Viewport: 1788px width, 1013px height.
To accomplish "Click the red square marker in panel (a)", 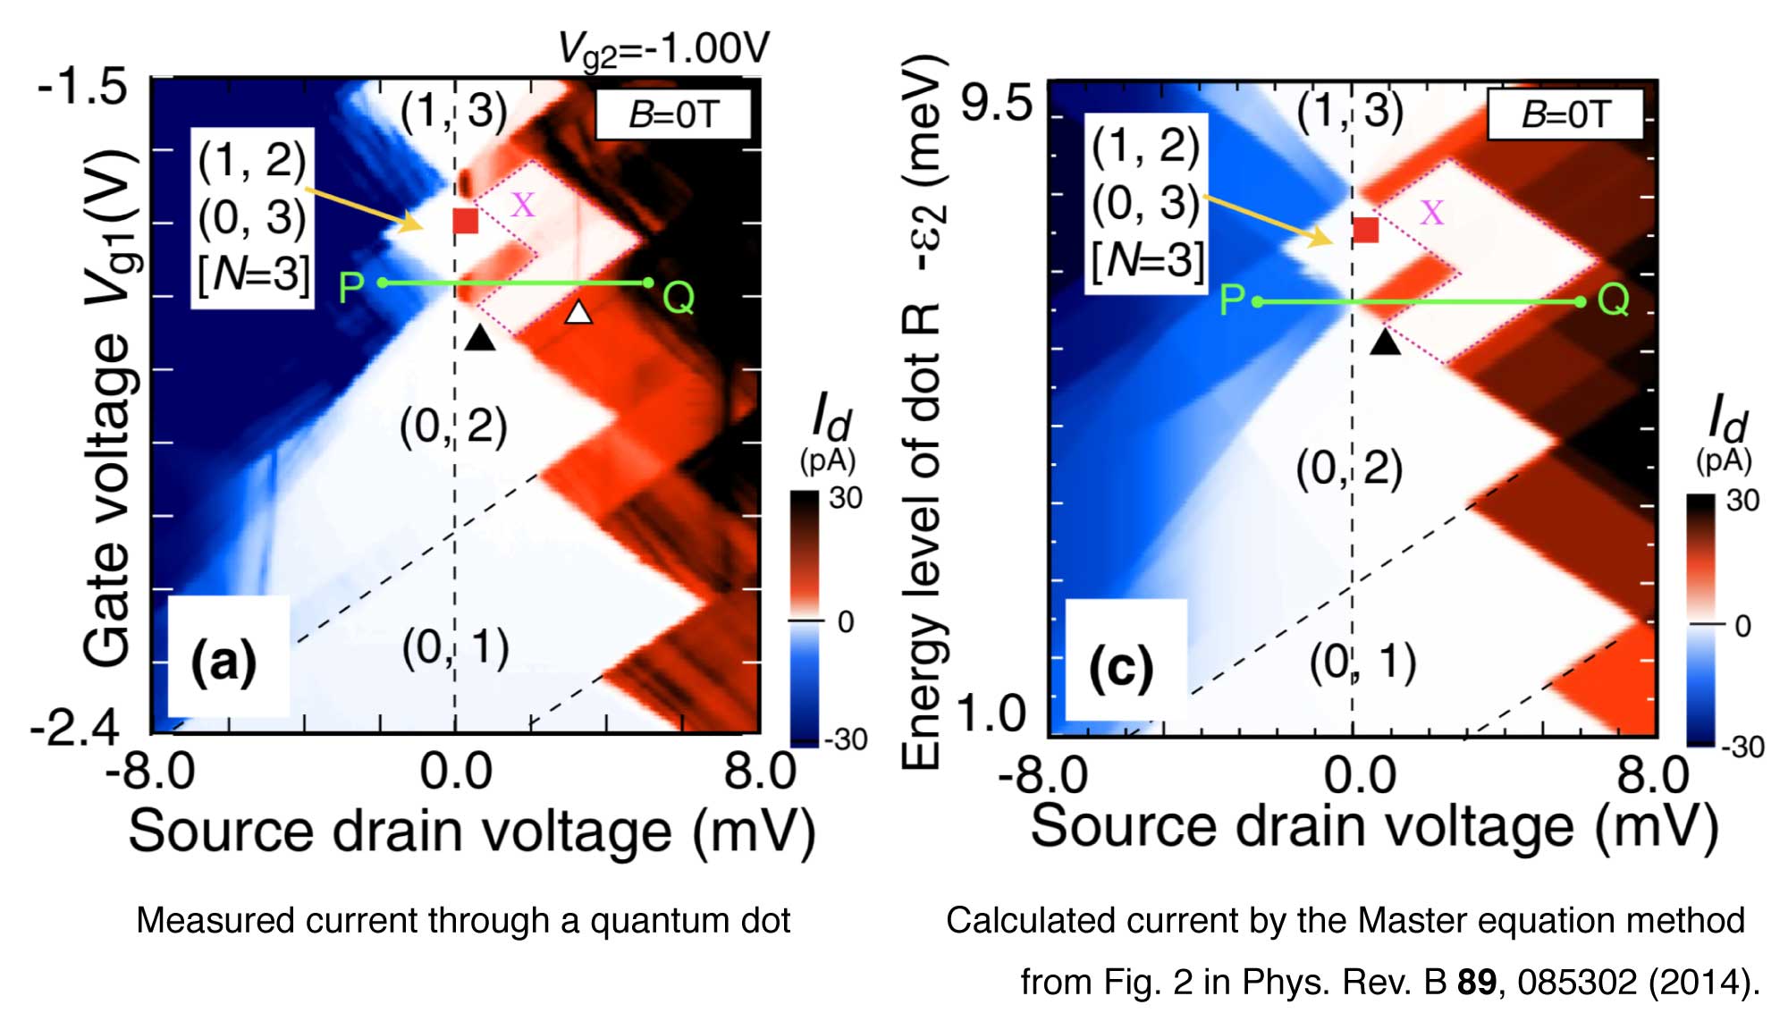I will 466,221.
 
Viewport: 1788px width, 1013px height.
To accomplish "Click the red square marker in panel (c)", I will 1366,230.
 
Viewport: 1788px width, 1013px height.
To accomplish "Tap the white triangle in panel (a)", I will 579,312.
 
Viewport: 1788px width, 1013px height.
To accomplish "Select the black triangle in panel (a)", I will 480,338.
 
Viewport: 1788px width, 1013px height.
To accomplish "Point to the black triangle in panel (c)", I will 1385,342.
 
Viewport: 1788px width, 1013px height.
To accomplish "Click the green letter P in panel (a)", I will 350,288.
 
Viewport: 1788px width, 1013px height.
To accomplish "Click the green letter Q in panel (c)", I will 1614,301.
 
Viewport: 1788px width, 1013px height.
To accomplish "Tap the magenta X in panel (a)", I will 523,206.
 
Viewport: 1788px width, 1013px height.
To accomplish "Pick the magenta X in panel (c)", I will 1431,213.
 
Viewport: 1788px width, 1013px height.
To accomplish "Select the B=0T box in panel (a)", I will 673,114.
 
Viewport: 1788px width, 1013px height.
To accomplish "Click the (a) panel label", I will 223,662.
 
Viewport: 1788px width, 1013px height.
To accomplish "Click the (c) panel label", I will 1122,668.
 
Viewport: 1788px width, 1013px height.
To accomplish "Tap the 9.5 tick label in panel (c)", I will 996,106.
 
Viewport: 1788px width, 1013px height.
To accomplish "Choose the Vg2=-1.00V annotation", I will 663,48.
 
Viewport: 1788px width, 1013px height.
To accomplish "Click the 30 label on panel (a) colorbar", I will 845,498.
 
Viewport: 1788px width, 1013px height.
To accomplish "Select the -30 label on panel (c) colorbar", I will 1742,746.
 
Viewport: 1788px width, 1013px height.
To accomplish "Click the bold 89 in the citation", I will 1476,982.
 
